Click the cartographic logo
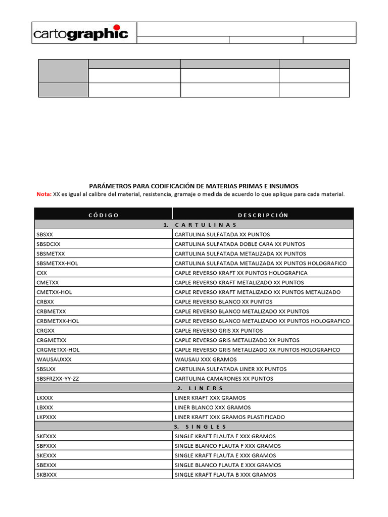point(81,33)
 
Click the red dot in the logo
point(117,28)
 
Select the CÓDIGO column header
point(104,215)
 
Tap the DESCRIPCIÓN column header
point(263,215)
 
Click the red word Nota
point(44,194)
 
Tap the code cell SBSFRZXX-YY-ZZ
point(58,379)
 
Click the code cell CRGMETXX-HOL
point(58,350)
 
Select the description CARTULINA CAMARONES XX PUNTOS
point(224,379)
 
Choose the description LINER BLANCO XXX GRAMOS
point(213,407)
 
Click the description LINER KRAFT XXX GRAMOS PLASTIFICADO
point(230,417)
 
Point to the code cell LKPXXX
point(46,417)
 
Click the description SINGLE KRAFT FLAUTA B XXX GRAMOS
point(225,475)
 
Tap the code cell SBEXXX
point(46,465)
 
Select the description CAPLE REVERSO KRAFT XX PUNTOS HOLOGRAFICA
point(241,273)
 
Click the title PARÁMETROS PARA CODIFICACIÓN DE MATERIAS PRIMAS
point(194,186)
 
